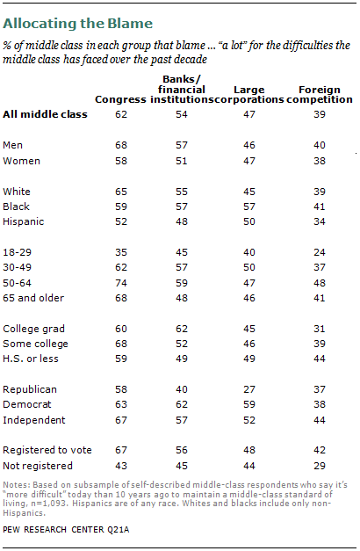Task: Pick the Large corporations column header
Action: (x=252, y=94)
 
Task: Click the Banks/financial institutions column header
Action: (x=191, y=89)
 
